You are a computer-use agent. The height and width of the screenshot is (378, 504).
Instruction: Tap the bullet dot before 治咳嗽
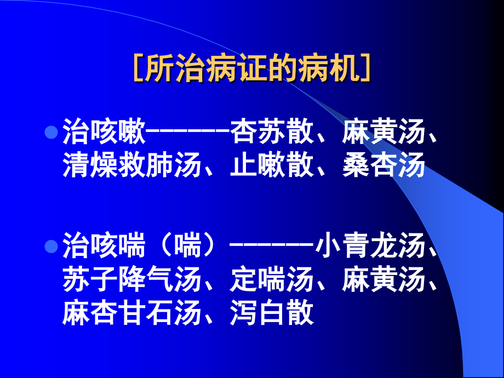[x=51, y=133]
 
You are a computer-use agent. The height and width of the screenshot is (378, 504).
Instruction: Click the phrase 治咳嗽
[x=104, y=133]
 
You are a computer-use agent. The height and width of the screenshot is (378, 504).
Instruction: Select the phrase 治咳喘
[x=104, y=248]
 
